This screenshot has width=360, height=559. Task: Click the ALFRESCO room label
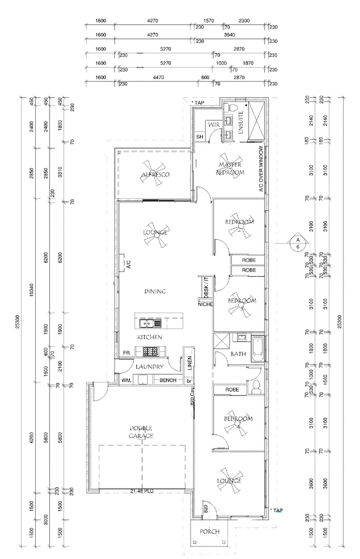pyautogui.click(x=156, y=174)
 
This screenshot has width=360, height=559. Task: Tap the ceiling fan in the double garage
pyautogui.click(x=141, y=432)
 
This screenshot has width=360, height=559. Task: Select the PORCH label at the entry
pyautogui.click(x=210, y=532)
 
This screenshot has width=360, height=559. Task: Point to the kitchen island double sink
pyautogui.click(x=147, y=323)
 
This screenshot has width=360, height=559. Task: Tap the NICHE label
pyautogui.click(x=206, y=304)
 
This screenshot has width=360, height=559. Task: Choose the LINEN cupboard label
pyautogui.click(x=190, y=363)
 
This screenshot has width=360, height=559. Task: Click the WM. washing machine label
pyautogui.click(x=126, y=380)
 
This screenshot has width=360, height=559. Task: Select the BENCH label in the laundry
pyautogui.click(x=168, y=380)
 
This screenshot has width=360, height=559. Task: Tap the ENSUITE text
pyautogui.click(x=241, y=123)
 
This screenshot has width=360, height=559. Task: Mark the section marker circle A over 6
pyautogui.click(x=298, y=244)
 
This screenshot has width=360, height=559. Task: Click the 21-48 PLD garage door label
pyautogui.click(x=142, y=491)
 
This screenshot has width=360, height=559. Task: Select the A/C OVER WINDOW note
pyautogui.click(x=262, y=169)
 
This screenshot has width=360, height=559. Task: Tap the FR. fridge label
pyautogui.click(x=127, y=352)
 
